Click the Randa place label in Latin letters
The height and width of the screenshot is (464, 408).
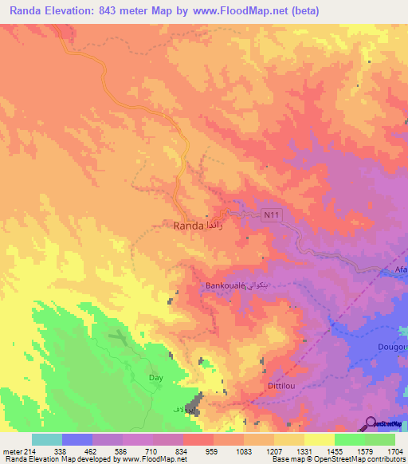[188, 226]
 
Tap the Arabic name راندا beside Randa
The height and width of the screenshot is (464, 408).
[221, 226]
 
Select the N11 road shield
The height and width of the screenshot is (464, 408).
[273, 214]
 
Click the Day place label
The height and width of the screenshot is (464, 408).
[155, 377]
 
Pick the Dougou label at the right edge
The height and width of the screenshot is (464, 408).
[393, 347]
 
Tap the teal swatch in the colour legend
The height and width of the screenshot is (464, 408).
[46, 438]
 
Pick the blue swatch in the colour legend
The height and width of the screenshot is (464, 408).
[76, 438]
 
